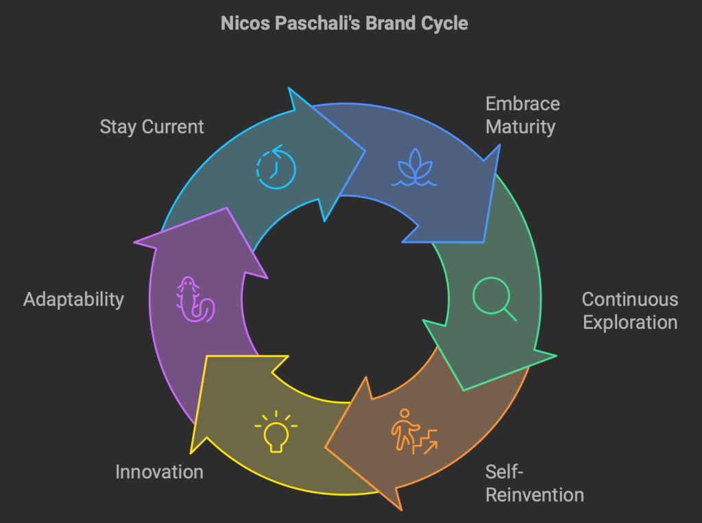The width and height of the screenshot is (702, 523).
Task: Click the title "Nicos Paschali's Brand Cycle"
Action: coord(344,23)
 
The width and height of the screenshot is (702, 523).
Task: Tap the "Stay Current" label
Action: coord(152,127)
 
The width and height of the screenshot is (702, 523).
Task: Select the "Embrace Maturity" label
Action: coord(522,115)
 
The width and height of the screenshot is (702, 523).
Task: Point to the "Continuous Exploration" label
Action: coord(630,311)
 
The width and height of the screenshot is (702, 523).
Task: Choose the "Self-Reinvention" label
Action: coord(535,483)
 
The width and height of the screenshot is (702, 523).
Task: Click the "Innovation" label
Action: coord(159,472)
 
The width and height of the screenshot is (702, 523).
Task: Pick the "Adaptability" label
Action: coord(73,300)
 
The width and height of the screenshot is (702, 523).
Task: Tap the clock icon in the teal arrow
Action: coord(276,165)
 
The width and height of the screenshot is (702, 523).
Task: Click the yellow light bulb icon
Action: coord(276,431)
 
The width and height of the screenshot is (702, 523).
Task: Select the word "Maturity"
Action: coord(520,127)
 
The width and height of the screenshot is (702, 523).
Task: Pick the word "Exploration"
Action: coord(630,322)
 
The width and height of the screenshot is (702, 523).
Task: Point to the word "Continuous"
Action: coord(630,300)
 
